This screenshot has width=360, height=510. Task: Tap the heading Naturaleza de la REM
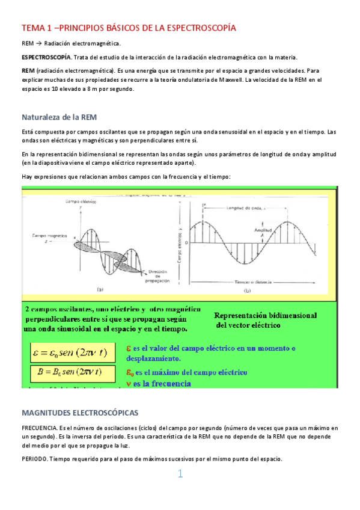tap(59, 117)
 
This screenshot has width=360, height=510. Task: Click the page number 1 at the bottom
tap(180, 475)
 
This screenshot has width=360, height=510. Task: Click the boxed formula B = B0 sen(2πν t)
tap(69, 372)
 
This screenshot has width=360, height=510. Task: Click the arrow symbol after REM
tap(38, 43)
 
